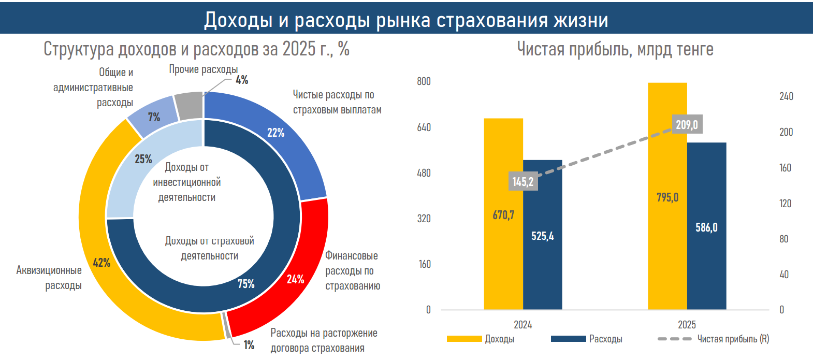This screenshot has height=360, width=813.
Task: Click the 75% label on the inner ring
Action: pyautogui.click(x=246, y=284)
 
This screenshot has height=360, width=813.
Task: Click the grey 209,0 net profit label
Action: pyautogui.click(x=687, y=124)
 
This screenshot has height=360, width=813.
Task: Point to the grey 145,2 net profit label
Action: pyautogui.click(x=523, y=181)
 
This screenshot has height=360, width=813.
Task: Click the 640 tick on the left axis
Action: pyautogui.click(x=424, y=127)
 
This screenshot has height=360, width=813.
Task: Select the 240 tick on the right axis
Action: pyautogui.click(x=786, y=96)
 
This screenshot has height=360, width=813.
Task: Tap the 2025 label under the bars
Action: pyautogui.click(x=687, y=325)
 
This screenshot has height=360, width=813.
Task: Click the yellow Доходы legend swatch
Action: pyautogui.click(x=464, y=339)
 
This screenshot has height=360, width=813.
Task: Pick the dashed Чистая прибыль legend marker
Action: pyautogui.click(x=674, y=339)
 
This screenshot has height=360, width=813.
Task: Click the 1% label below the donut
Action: pyautogui.click(x=249, y=345)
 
